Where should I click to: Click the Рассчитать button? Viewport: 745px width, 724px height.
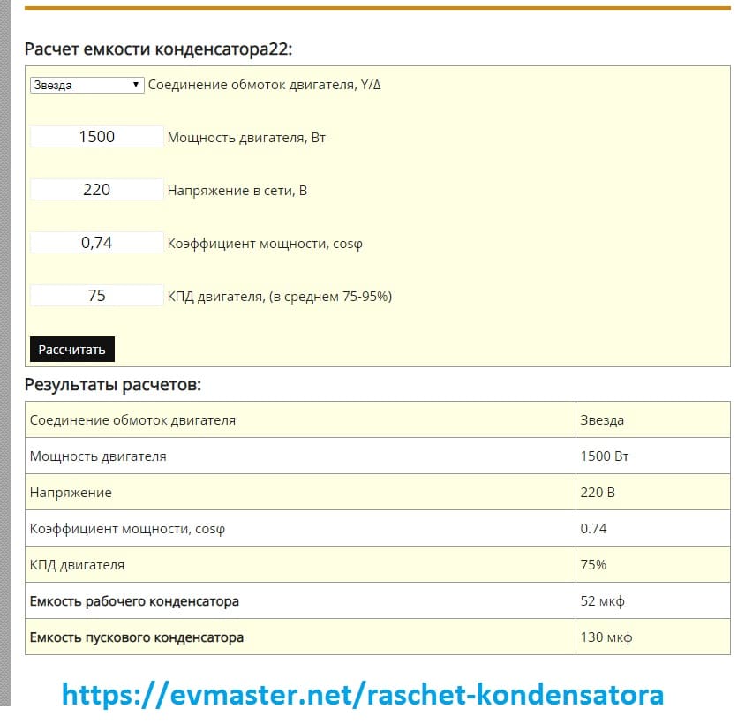[x=71, y=349]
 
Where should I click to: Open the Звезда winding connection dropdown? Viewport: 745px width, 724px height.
[x=87, y=85]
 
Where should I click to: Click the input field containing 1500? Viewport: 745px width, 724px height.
[x=97, y=137]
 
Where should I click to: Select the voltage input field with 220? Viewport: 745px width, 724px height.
[x=97, y=189]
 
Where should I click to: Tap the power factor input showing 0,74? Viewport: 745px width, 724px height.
[x=97, y=243]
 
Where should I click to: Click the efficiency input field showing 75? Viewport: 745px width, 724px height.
[x=97, y=296]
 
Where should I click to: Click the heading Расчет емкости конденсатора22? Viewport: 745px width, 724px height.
[x=158, y=49]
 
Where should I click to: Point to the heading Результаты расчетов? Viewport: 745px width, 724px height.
[x=113, y=385]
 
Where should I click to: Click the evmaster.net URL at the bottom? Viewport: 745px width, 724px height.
[x=362, y=694]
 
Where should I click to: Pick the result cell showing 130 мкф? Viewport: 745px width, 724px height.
[x=606, y=637]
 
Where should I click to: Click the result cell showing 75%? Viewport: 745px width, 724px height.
[x=593, y=564]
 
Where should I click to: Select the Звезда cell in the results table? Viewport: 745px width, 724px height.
[x=602, y=420]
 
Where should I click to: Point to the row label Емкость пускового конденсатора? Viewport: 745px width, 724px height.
[x=137, y=637]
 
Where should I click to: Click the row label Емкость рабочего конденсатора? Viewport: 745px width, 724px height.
[x=134, y=601]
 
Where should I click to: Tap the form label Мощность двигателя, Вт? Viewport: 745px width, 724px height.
[x=246, y=138]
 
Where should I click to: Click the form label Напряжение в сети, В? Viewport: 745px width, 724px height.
[x=237, y=190]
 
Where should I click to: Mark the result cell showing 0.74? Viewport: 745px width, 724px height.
[x=593, y=528]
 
